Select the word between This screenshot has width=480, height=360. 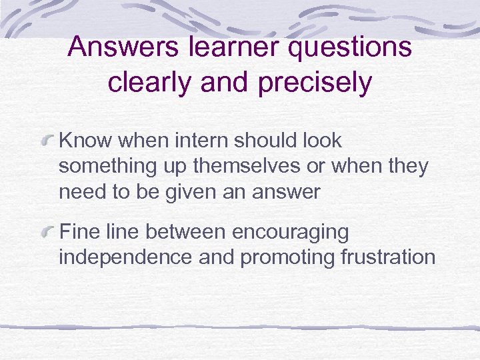pos(185,232)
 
